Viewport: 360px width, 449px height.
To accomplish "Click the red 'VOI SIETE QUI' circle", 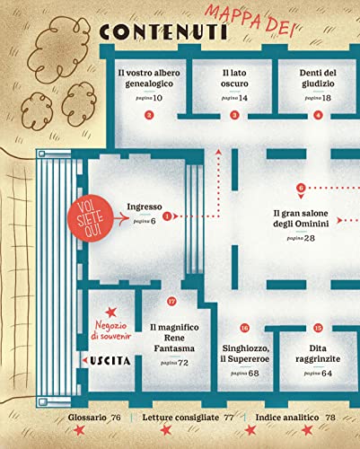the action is [x=91, y=219].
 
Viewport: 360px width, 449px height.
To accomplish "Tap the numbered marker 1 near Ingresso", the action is [x=167, y=216].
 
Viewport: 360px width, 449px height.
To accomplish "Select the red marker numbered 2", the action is [x=149, y=115].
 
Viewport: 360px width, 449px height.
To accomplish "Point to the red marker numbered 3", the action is [x=234, y=115].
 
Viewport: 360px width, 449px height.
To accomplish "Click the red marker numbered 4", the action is [x=318, y=115].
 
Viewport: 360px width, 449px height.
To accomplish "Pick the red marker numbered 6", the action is [x=301, y=188].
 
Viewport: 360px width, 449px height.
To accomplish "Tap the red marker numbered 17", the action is [x=171, y=301].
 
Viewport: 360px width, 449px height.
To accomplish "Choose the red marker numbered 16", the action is [x=245, y=328].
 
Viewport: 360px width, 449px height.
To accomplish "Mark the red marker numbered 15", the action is [x=318, y=328].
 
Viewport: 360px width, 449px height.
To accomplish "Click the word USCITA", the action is [x=110, y=361].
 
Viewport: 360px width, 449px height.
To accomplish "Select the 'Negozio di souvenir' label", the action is [x=111, y=330].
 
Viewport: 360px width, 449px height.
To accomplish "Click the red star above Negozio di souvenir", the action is [x=111, y=313].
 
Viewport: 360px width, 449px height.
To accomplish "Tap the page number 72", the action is [x=183, y=363].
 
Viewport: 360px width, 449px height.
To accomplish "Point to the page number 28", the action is [x=310, y=238].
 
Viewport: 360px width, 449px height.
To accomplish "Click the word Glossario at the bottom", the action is [x=87, y=418].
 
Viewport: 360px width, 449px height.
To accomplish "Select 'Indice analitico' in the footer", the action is [x=287, y=418].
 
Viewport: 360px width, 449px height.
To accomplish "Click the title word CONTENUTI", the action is [x=163, y=31].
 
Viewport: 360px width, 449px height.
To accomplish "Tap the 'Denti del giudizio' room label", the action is [x=318, y=78].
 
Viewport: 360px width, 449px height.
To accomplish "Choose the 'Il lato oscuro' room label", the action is [x=234, y=78].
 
